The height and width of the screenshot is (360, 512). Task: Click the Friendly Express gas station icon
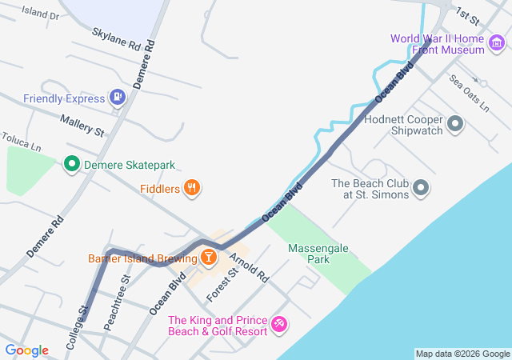point(118,98)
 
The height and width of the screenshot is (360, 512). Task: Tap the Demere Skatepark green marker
point(71,165)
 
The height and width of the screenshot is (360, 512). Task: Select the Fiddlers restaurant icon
point(192,188)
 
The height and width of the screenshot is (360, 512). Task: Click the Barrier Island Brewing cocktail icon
point(208,258)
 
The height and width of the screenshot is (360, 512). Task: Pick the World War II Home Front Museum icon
point(497,44)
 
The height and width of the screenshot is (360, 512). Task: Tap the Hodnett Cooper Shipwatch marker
point(455,124)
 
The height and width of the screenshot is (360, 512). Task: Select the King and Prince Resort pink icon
point(279,324)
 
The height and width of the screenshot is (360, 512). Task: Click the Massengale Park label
point(318,254)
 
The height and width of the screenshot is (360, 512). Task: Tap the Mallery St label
point(82,123)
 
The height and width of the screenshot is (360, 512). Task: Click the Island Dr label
point(40,14)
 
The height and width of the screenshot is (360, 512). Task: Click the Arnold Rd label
point(249,266)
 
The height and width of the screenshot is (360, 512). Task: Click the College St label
point(76,328)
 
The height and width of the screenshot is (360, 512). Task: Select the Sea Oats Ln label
point(469,92)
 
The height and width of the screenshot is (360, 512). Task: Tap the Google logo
point(26,350)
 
